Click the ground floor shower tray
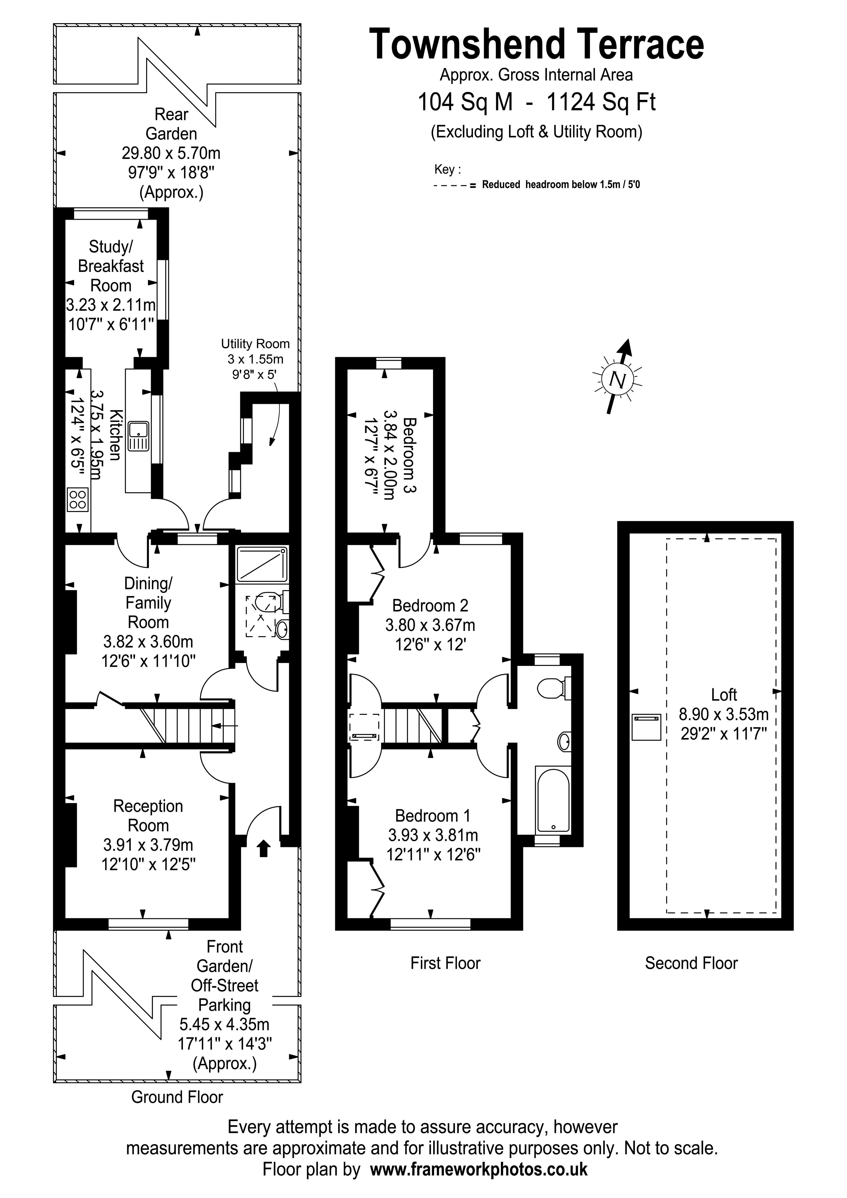click(262, 564)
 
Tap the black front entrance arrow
click(264, 848)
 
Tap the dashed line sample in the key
click(452, 185)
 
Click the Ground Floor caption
click(177, 1097)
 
